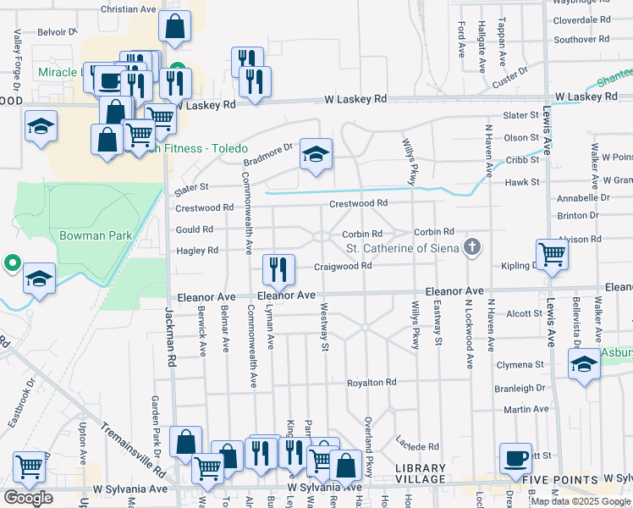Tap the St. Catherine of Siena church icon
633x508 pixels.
pos(472,247)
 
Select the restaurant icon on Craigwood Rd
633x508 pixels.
pos(278,270)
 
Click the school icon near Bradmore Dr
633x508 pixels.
pos(316,155)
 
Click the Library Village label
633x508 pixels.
pos(420,474)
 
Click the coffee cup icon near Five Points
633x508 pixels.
pos(515,459)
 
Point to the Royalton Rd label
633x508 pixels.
pos(372,383)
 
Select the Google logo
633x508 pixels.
pos(28,498)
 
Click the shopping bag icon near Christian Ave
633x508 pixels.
pos(174,28)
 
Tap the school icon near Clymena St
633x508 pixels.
pos(584,366)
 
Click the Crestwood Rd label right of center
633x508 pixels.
pos(358,203)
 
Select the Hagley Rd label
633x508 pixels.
pos(197,251)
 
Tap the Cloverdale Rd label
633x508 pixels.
pos(581,19)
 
